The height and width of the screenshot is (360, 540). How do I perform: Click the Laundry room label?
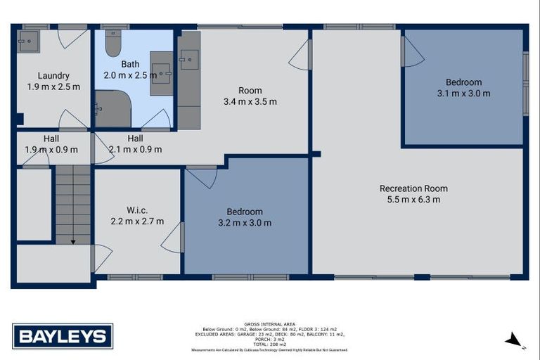[x=53, y=76]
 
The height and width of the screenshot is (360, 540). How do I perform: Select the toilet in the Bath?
[x=113, y=44]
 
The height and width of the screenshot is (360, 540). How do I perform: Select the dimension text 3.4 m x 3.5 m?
[x=250, y=101]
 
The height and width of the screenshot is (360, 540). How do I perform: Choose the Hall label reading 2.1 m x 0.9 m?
[x=135, y=149]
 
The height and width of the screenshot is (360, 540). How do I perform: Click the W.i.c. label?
[x=136, y=210]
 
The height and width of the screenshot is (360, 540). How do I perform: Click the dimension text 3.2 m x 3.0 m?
[x=245, y=223]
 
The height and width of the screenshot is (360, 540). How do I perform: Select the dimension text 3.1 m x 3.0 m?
[x=463, y=93]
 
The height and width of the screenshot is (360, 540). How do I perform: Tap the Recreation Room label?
[x=413, y=188]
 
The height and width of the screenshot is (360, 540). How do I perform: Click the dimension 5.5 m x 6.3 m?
[x=413, y=200]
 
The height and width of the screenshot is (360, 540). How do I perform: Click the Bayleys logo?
[x=63, y=335]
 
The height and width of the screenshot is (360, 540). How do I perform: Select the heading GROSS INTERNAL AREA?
[x=274, y=324]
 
